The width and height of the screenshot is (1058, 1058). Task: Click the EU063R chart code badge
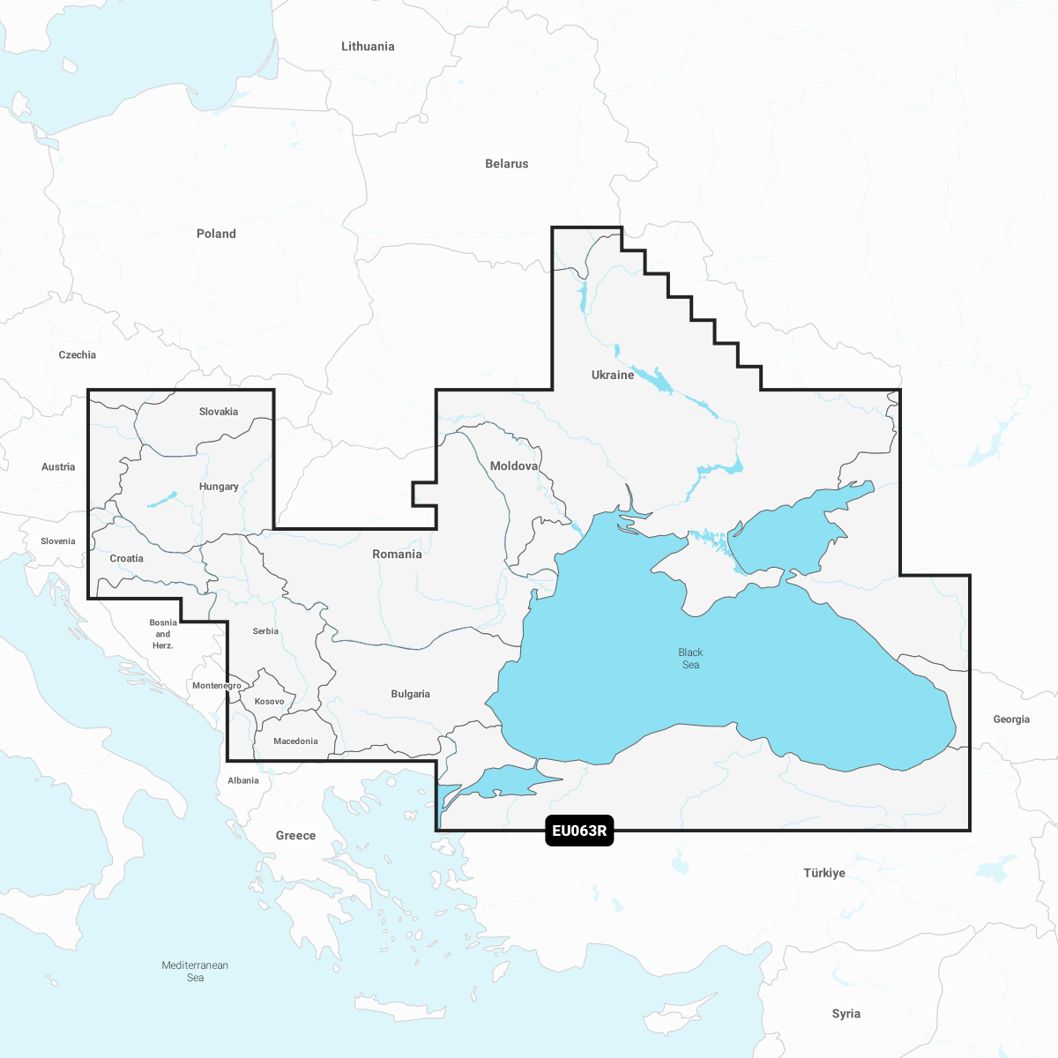pyautogui.click(x=579, y=831)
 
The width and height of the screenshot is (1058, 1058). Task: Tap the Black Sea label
pyautogui.click(x=690, y=659)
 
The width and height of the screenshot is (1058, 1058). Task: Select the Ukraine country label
pyautogui.click(x=613, y=375)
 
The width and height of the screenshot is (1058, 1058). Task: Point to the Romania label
pyautogui.click(x=397, y=554)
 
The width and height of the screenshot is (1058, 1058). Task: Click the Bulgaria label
pyautogui.click(x=411, y=694)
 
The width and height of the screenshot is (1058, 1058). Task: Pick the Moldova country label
pyautogui.click(x=514, y=466)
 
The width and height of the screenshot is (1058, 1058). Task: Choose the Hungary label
pyautogui.click(x=219, y=487)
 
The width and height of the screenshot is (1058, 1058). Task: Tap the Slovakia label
pyautogui.click(x=219, y=412)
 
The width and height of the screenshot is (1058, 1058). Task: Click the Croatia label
pyautogui.click(x=127, y=558)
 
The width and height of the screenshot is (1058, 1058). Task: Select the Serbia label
pyautogui.click(x=265, y=631)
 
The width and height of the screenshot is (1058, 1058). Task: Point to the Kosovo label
pyautogui.click(x=270, y=702)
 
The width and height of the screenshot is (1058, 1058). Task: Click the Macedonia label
pyautogui.click(x=295, y=741)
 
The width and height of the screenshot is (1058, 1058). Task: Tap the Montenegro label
pyautogui.click(x=217, y=686)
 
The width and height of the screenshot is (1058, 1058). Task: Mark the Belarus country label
pyautogui.click(x=507, y=164)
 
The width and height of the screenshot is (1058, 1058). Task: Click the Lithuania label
pyautogui.click(x=368, y=47)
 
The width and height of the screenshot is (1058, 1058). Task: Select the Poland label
pyautogui.click(x=216, y=234)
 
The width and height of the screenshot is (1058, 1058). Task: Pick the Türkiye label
pyautogui.click(x=824, y=873)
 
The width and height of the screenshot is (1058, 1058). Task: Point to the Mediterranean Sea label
pyautogui.click(x=195, y=971)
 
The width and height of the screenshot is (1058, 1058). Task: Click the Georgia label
pyautogui.click(x=1011, y=719)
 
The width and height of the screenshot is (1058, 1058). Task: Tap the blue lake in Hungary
pyautogui.click(x=162, y=500)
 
